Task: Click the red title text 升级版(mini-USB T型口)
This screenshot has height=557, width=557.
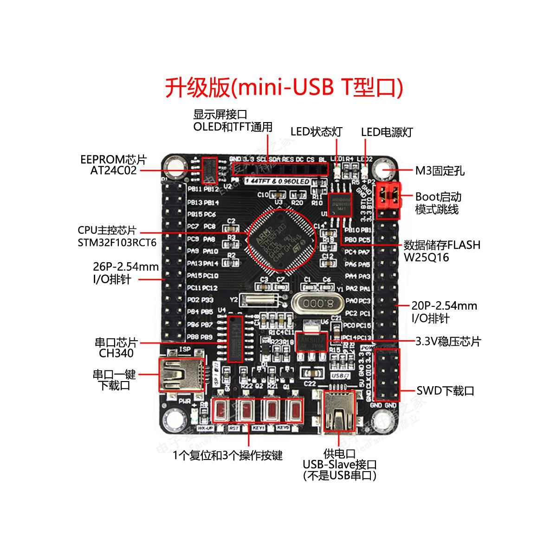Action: [284, 87]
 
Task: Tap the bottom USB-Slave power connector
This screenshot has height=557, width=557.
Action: [338, 412]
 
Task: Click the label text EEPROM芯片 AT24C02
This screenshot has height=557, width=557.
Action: [114, 165]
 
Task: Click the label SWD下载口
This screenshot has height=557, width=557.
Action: [445, 391]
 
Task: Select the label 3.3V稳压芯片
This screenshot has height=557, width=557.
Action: [448, 342]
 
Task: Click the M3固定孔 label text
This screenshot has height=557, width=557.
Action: [440, 171]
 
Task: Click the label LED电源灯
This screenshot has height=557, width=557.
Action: [387, 132]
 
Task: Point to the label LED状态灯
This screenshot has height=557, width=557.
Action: [316, 132]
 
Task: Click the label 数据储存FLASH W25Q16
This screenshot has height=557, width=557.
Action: [441, 251]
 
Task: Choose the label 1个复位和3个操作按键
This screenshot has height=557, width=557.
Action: [227, 455]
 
